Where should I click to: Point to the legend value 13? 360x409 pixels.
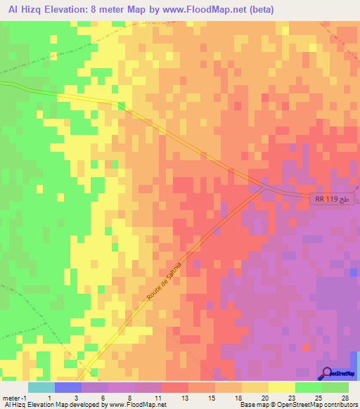tap(184, 398)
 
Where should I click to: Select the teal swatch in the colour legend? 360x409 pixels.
tap(41, 387)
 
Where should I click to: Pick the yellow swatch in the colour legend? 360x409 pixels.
tap(281, 387)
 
